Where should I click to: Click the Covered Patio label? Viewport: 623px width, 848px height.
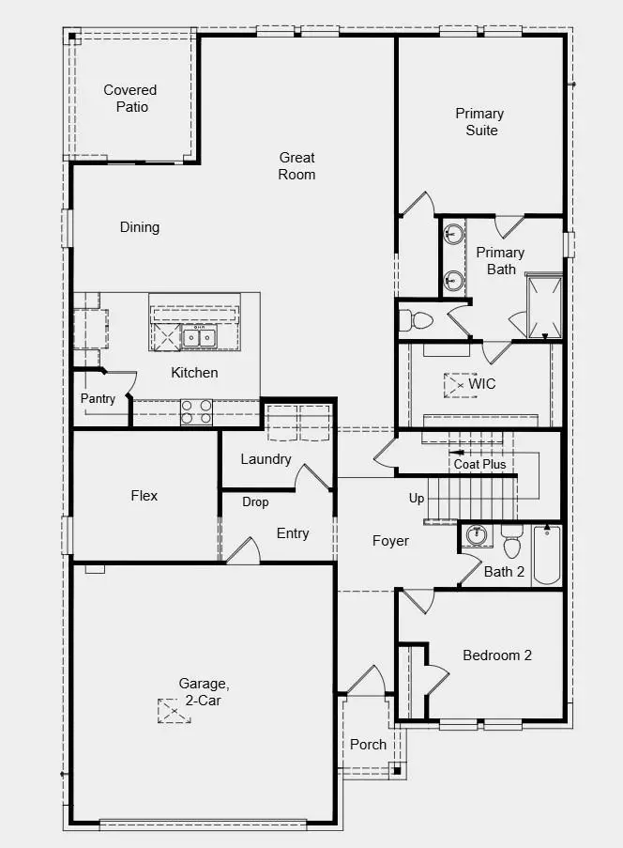130,99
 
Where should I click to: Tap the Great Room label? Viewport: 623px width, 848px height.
296,166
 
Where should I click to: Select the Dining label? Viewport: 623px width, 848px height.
140,227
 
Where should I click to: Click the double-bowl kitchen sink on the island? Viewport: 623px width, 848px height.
199,337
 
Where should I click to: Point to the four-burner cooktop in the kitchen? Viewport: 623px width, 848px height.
196,411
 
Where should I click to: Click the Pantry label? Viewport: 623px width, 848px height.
98,398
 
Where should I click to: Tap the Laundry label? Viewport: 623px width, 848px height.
266,459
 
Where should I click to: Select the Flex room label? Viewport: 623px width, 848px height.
144,496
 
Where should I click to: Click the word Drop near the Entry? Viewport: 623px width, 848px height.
255,501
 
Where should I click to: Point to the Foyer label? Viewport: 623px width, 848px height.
390,541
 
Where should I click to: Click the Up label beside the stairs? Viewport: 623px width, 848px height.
416,498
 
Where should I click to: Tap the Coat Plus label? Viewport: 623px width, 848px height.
479,464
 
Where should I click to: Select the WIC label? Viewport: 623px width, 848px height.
482,384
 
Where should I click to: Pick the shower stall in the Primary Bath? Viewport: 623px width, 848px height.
544,307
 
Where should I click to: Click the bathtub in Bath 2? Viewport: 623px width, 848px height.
546,554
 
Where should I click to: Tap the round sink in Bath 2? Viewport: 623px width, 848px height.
477,535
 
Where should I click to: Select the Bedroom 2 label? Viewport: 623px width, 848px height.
497,655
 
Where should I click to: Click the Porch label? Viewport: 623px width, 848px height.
368,745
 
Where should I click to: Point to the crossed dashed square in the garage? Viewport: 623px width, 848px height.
174,711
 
